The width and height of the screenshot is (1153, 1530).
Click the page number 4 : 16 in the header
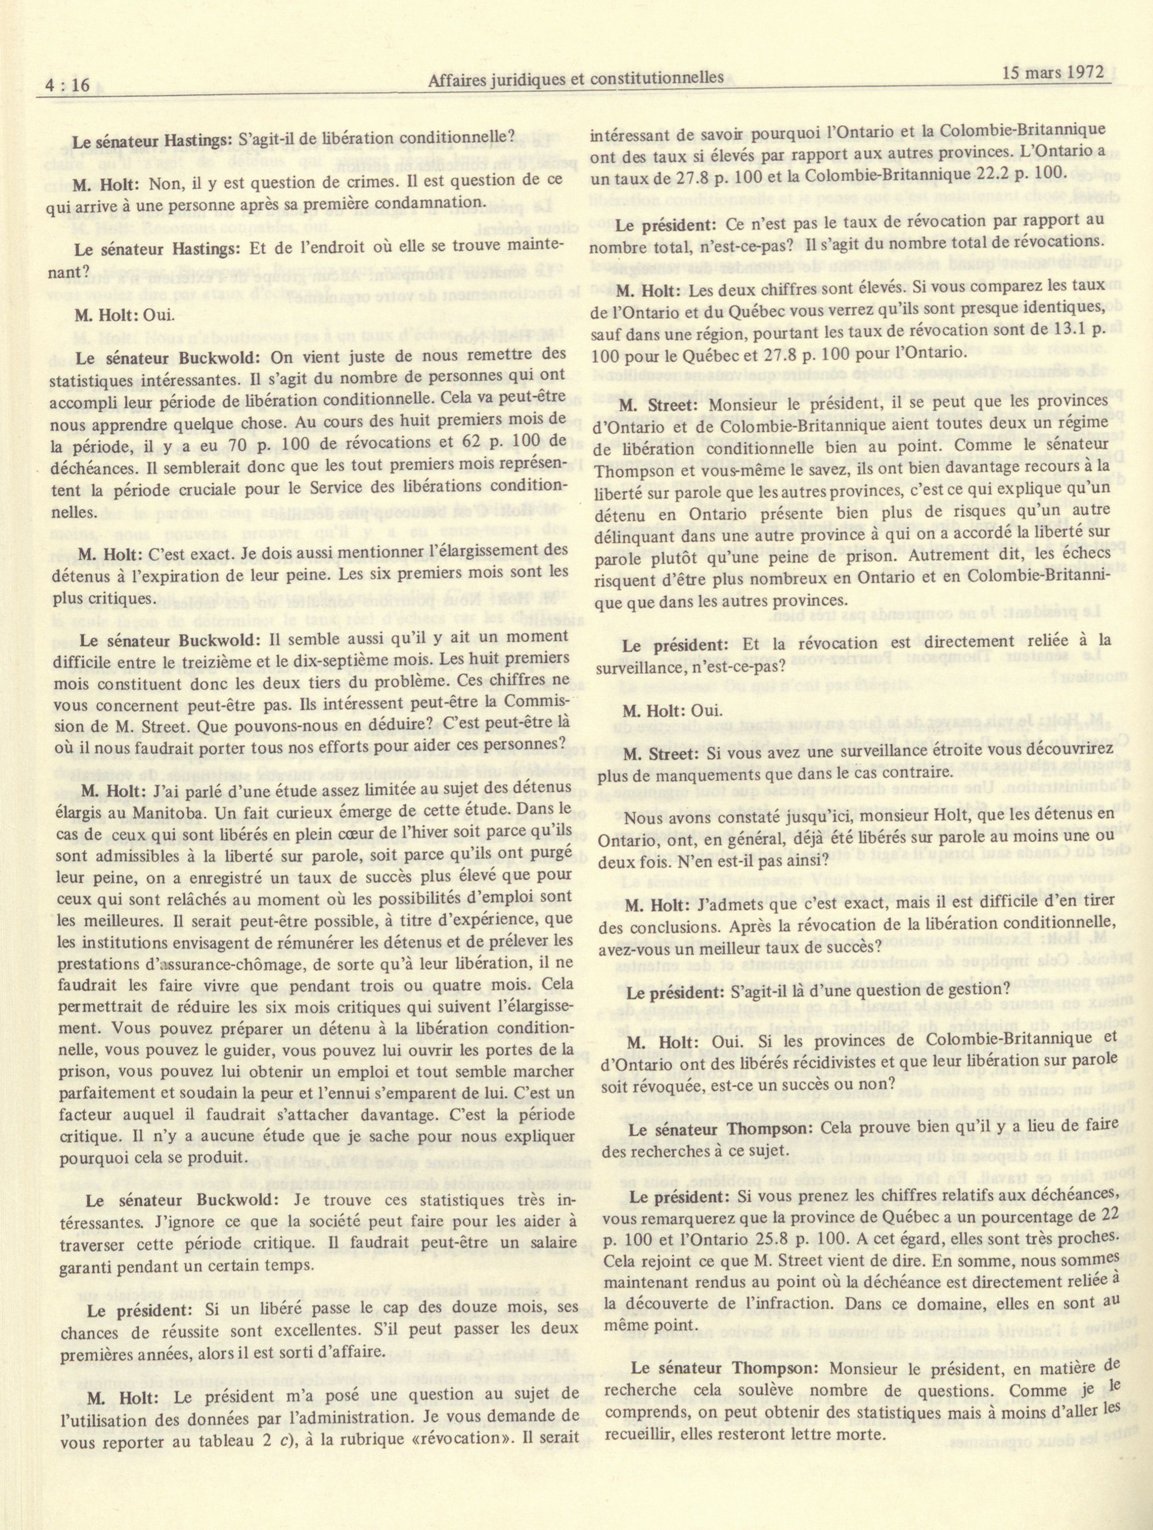tap(71, 84)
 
